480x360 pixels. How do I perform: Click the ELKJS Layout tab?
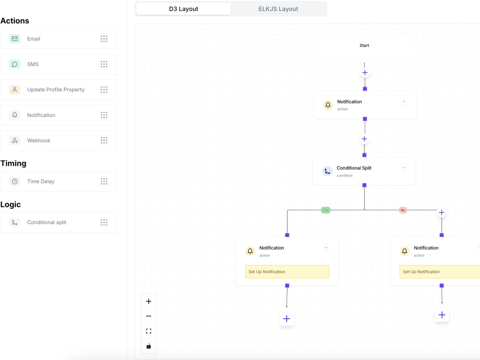click(x=278, y=9)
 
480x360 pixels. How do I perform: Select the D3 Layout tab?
click(x=184, y=9)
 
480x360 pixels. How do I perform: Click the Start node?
click(x=364, y=45)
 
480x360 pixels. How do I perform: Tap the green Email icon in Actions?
click(x=15, y=39)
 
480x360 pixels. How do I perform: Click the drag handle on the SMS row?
click(x=104, y=64)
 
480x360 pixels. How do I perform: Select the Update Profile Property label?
click(x=56, y=90)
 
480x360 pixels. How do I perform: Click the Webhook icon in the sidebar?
click(x=15, y=141)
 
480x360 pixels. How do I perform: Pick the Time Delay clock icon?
click(x=15, y=181)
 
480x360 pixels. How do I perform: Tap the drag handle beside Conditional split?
click(x=104, y=223)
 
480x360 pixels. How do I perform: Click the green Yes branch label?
click(x=326, y=210)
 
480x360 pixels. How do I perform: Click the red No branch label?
click(x=403, y=210)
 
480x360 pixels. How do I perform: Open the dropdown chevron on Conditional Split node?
click(x=404, y=168)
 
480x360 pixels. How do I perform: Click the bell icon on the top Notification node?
click(x=328, y=105)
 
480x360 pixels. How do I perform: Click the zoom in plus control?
click(x=149, y=301)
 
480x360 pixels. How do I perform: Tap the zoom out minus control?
click(x=149, y=316)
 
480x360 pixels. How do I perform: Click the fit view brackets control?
click(x=149, y=331)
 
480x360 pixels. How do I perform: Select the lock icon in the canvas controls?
click(x=149, y=346)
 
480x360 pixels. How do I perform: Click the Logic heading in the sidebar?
click(x=11, y=204)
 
